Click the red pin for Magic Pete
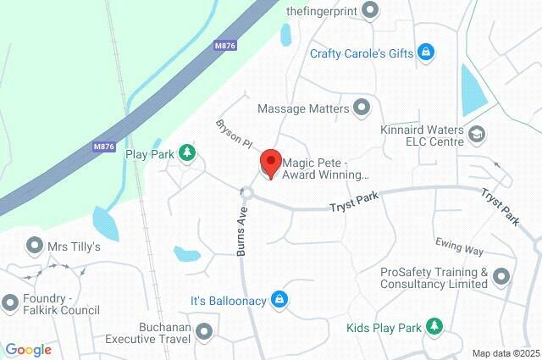270,161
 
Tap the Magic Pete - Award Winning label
326,169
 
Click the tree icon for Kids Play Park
434,326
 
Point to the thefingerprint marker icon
369,10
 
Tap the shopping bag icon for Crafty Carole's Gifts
427,53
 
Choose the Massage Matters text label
302,108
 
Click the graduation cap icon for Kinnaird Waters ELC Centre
477,133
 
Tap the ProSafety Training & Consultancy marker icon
501,276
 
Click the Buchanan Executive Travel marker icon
203,331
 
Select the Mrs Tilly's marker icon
35,246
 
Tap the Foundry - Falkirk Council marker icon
10,302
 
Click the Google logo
28,350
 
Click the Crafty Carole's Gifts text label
361,53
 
